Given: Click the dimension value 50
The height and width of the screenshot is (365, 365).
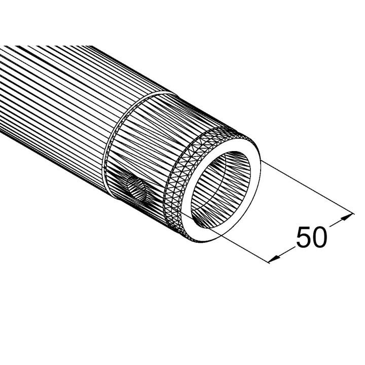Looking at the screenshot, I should point(311,238).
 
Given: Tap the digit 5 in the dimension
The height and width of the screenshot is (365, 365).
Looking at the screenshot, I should point(303,238).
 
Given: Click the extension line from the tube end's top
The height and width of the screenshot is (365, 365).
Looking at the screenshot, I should point(304,188).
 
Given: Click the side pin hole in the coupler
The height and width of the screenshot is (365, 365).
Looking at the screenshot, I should point(136,190).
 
